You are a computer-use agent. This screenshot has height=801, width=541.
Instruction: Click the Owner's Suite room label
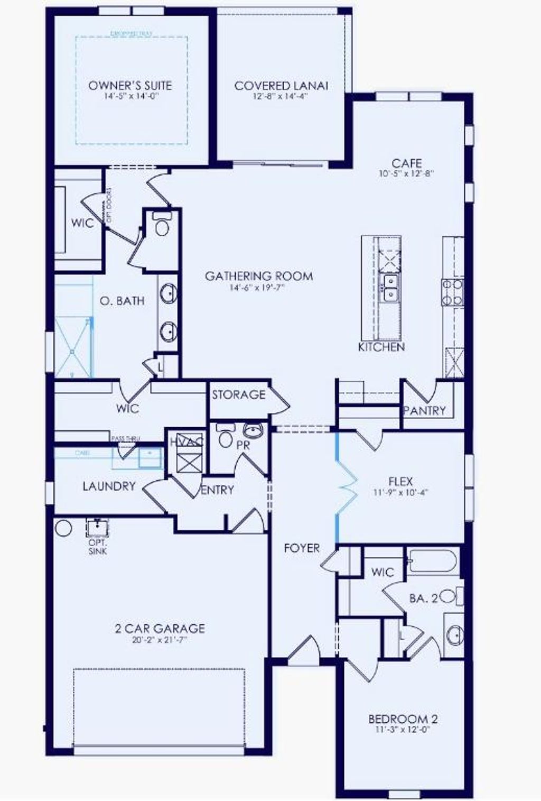(x=130, y=86)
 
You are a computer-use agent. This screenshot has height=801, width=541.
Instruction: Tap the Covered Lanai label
(x=281, y=86)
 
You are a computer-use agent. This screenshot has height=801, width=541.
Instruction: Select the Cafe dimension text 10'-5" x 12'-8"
(x=406, y=173)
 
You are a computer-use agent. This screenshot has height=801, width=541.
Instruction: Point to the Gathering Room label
(x=259, y=276)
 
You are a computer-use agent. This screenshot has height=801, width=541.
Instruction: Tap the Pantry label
(x=424, y=410)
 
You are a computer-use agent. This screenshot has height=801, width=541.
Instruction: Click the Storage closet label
(x=239, y=394)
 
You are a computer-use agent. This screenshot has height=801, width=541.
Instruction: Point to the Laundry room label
(x=109, y=486)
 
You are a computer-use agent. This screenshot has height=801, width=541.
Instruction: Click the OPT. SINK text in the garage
(x=98, y=547)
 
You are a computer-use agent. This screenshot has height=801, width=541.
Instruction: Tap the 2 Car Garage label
(x=160, y=629)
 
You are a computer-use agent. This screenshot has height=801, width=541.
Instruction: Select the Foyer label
(x=302, y=548)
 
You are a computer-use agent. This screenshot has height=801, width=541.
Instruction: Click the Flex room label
(x=400, y=482)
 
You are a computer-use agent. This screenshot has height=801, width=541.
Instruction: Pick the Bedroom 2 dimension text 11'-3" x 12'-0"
(x=403, y=730)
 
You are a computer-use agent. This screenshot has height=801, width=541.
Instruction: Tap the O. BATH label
(x=122, y=301)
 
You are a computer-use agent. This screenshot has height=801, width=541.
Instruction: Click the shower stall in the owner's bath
(x=73, y=346)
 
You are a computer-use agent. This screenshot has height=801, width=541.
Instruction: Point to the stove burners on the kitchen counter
(x=453, y=292)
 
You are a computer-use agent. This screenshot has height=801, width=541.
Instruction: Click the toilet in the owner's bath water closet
(x=162, y=225)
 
